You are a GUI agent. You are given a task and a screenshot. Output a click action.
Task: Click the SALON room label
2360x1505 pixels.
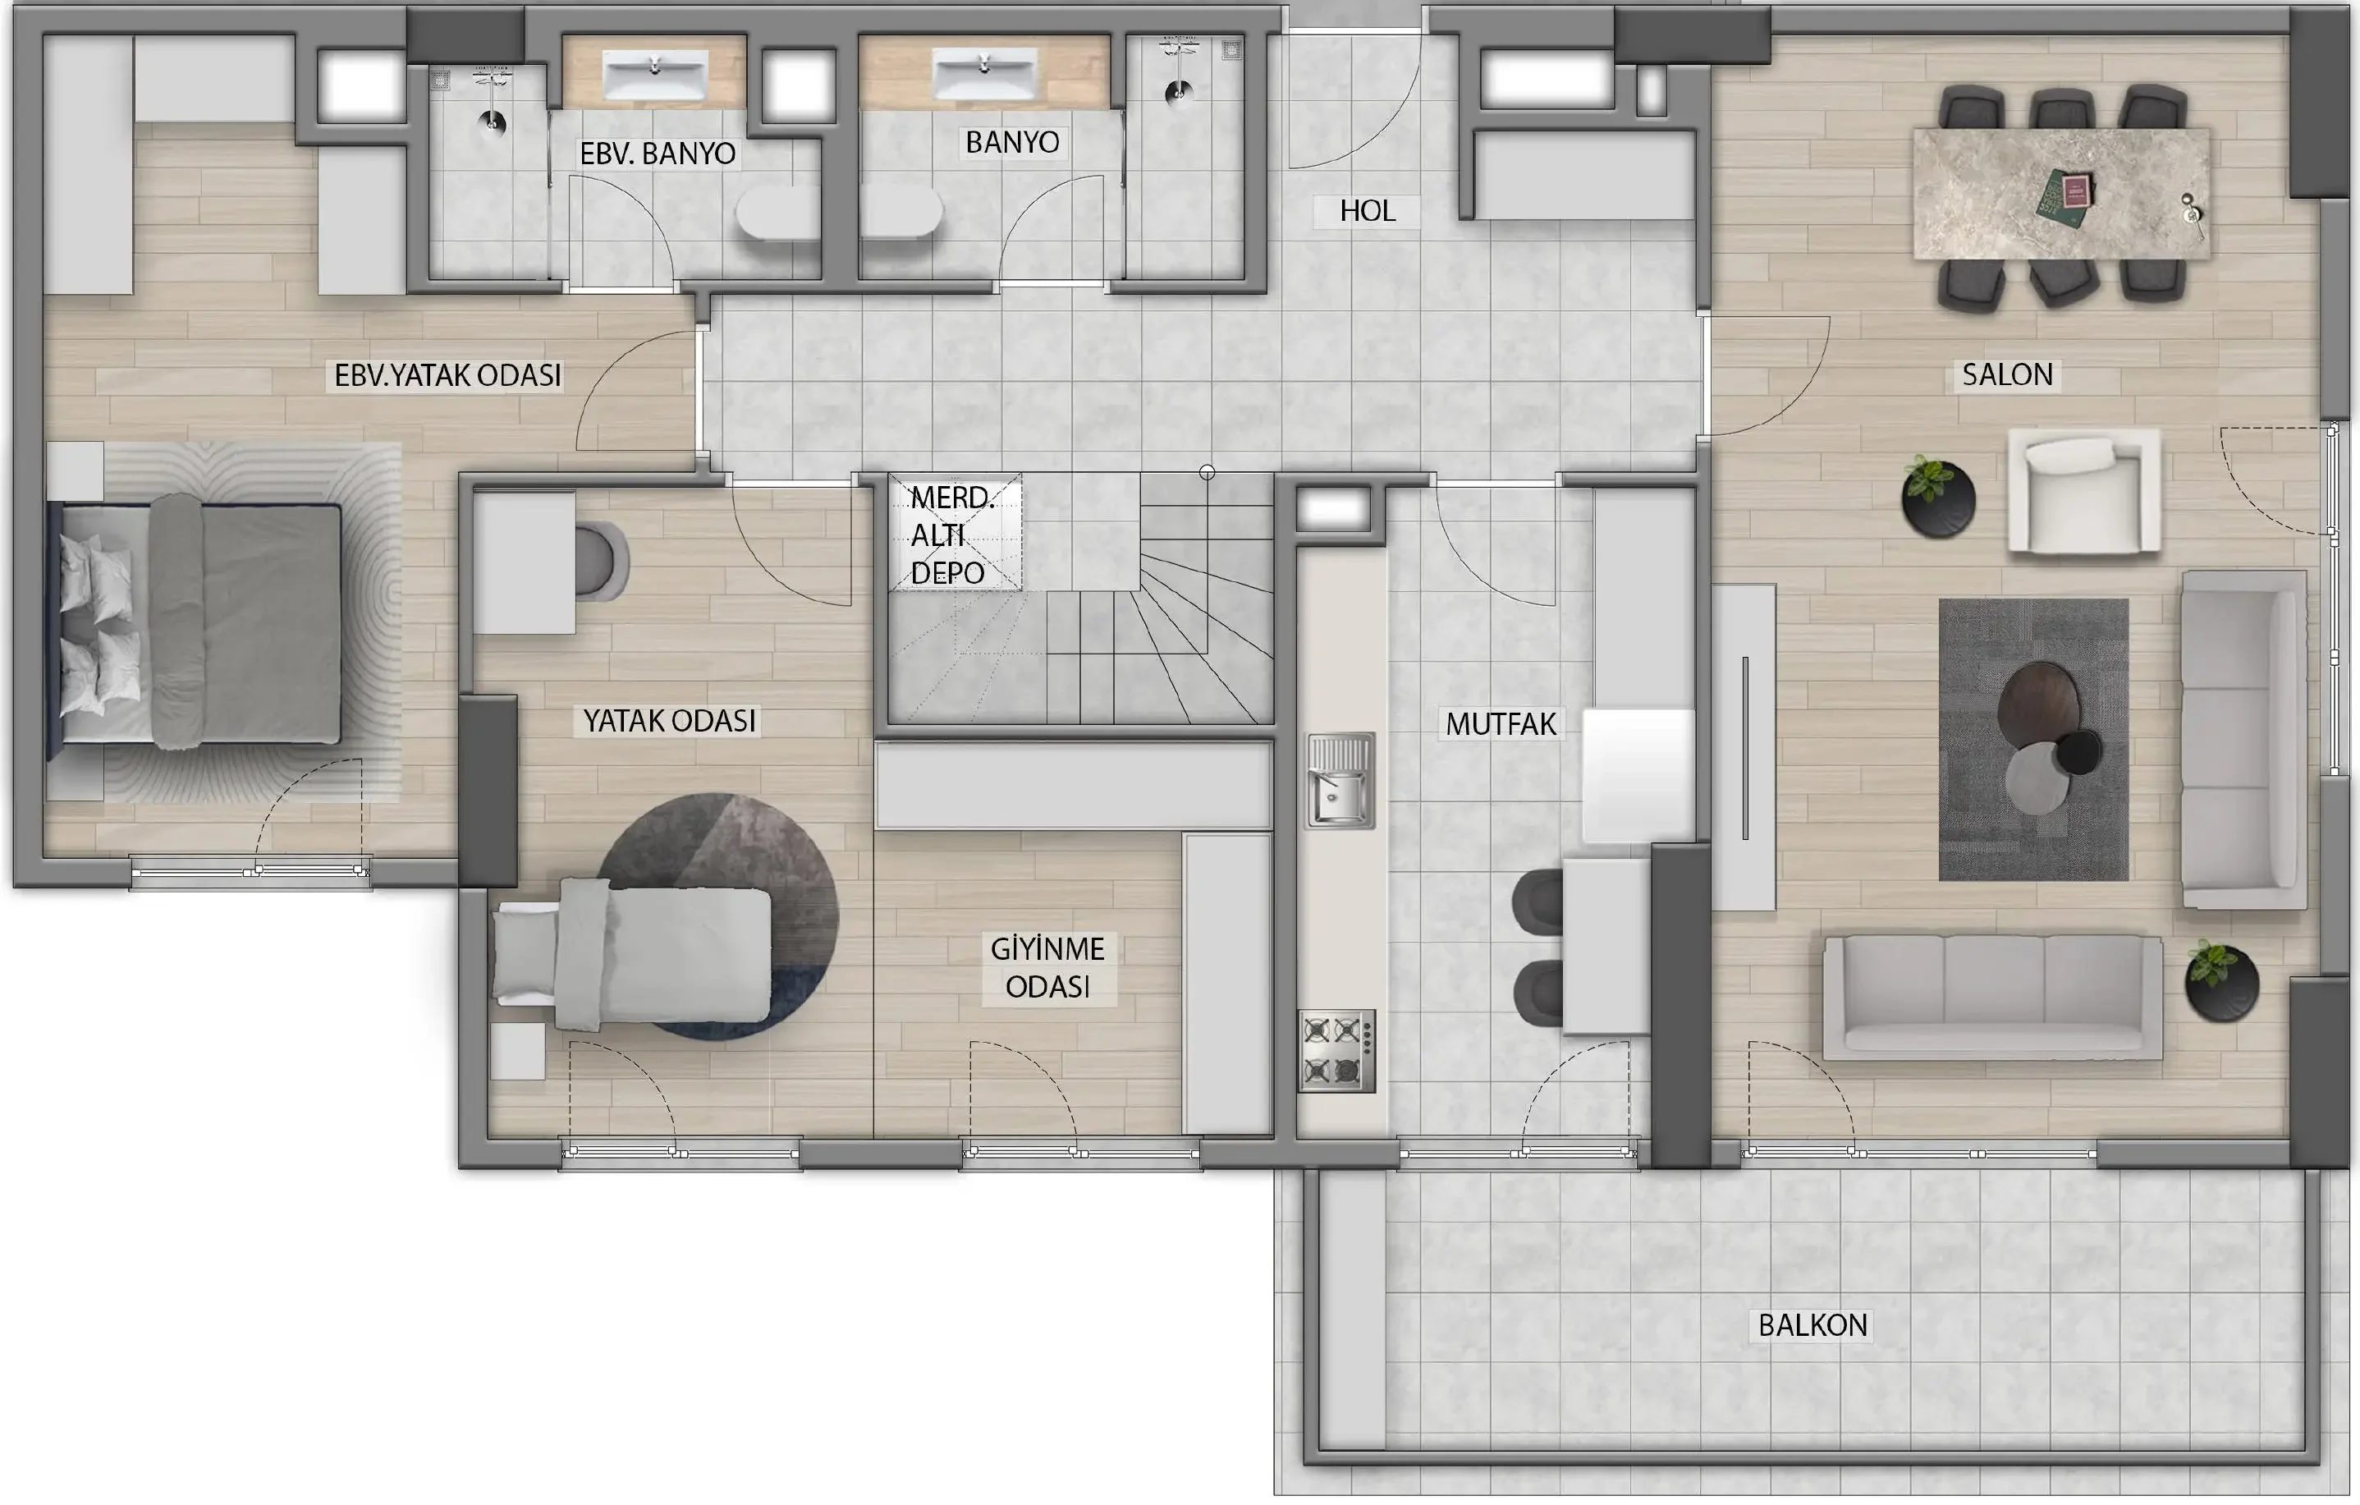click(x=2006, y=374)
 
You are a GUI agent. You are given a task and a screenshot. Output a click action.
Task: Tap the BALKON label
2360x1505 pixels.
click(x=1812, y=1325)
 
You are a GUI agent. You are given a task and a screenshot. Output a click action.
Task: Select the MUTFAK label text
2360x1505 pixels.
click(x=1501, y=724)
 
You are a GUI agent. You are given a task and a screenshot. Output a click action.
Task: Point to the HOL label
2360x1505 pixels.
click(x=1368, y=211)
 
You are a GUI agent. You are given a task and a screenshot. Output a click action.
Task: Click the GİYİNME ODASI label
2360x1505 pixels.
click(x=1047, y=968)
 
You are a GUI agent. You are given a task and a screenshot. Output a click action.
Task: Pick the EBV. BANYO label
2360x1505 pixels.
click(x=658, y=154)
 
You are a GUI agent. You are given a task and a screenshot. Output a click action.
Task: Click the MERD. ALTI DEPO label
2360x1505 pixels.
click(x=951, y=535)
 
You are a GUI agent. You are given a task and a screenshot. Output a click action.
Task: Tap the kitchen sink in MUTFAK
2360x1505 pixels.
click(x=1340, y=781)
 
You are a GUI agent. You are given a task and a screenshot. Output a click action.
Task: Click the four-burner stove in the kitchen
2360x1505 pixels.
click(x=1337, y=1051)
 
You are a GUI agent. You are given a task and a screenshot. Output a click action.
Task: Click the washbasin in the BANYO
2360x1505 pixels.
click(x=984, y=74)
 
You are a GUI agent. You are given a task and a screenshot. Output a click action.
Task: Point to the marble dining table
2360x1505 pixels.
click(x=2061, y=193)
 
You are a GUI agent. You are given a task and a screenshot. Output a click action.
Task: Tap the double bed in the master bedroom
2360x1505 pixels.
click(x=196, y=622)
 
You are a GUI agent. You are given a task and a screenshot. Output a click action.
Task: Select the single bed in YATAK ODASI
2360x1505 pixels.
click(x=632, y=954)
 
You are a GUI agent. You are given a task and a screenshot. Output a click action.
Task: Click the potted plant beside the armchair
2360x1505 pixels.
click(x=1937, y=497)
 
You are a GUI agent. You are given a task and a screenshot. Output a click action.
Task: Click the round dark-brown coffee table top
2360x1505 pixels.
click(x=2037, y=703)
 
